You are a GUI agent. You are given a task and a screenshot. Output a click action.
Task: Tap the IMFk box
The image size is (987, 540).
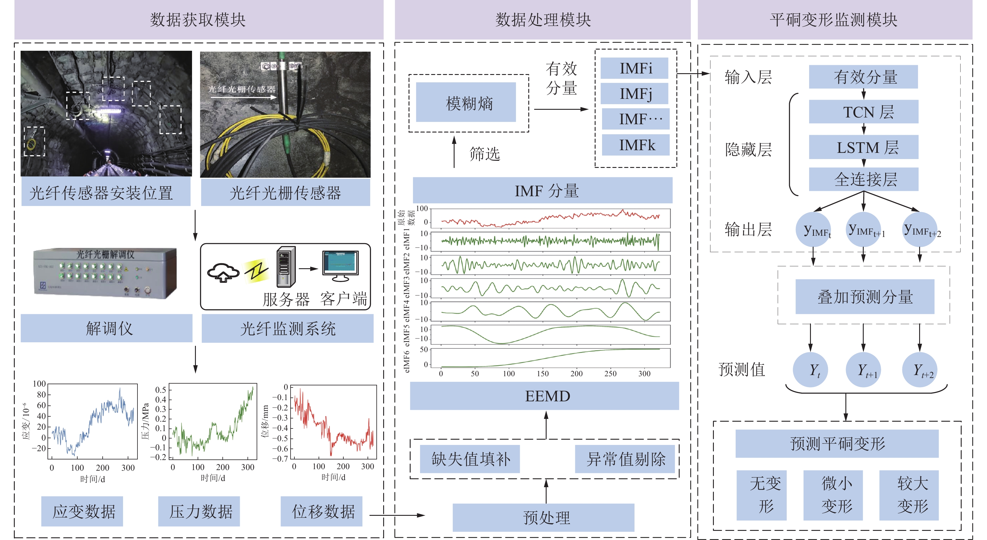click(636, 145)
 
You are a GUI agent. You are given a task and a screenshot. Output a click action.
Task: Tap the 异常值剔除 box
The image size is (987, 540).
click(625, 459)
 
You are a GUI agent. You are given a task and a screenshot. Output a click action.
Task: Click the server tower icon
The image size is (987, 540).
click(286, 267)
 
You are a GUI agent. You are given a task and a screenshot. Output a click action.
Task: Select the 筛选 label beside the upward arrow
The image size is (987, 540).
click(484, 154)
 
